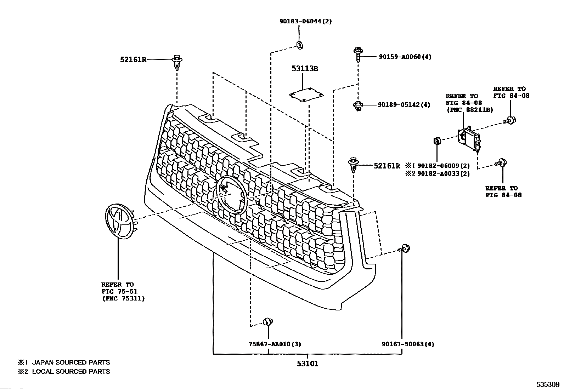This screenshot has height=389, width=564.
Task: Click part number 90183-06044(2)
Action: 306,21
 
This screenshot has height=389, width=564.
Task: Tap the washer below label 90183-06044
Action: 299,45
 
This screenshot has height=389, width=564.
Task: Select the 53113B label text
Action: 305,68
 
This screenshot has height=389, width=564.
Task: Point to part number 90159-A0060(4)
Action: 405,57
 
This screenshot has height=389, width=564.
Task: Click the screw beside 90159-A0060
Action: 357,55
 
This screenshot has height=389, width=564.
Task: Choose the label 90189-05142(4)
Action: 404,105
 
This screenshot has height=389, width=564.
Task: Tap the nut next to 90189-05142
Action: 357,105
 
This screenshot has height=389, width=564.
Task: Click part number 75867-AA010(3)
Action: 275,344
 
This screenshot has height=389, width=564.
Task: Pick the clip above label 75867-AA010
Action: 267,322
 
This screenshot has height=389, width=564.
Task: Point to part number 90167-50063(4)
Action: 408,344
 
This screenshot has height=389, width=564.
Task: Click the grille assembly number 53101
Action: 307,364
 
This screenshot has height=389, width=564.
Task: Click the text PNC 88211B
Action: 469,110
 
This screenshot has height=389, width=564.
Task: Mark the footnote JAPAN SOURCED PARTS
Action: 71,362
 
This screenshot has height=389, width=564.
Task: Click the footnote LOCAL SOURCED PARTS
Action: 71,372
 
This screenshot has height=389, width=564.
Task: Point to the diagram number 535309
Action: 547,384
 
